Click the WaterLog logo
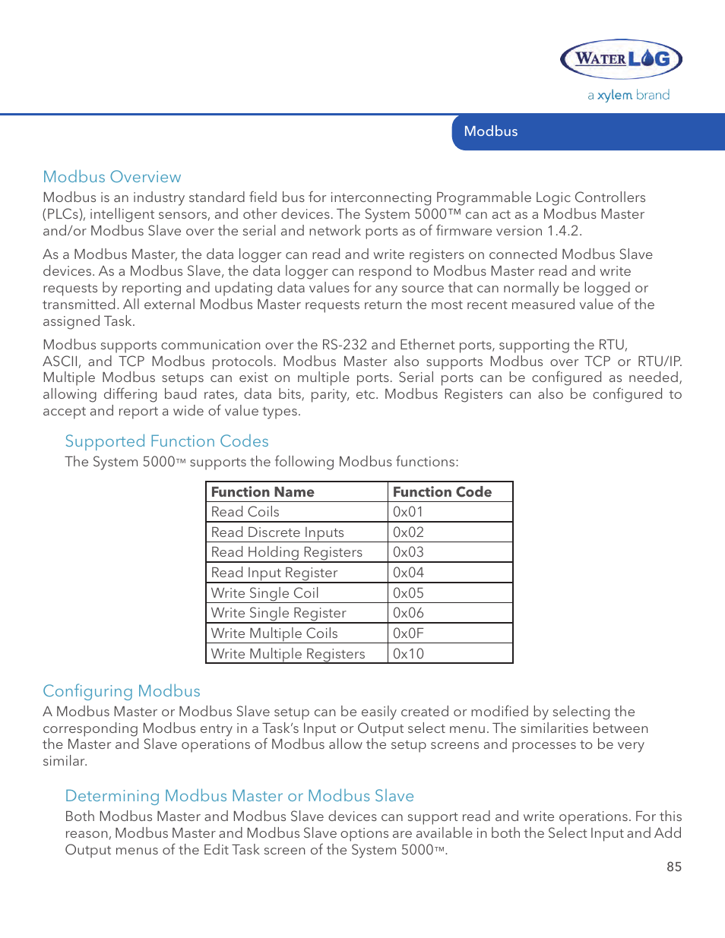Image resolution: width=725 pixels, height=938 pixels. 621,59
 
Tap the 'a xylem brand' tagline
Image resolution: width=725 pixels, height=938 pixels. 628,96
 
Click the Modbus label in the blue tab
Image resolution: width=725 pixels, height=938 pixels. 490,131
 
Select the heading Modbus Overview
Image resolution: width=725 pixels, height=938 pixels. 112,177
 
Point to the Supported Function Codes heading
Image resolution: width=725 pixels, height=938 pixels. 166,441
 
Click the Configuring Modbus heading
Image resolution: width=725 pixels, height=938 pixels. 122,691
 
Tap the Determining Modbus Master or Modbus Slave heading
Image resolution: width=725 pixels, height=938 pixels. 239,795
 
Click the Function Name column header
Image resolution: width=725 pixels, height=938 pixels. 296,491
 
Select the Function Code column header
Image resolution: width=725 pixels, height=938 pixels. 450,491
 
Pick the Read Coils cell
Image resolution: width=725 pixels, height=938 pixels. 296,512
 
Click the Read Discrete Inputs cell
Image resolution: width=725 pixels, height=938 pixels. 296,532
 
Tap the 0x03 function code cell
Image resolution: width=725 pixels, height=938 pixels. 450,552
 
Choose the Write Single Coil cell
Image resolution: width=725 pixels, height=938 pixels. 296,592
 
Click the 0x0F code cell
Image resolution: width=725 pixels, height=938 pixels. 450,633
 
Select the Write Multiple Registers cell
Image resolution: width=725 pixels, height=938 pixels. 296,653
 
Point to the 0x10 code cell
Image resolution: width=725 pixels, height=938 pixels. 450,653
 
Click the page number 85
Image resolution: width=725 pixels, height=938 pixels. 674,867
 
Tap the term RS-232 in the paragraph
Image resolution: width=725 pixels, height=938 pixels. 344,345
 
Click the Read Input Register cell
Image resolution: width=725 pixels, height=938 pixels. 296,573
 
